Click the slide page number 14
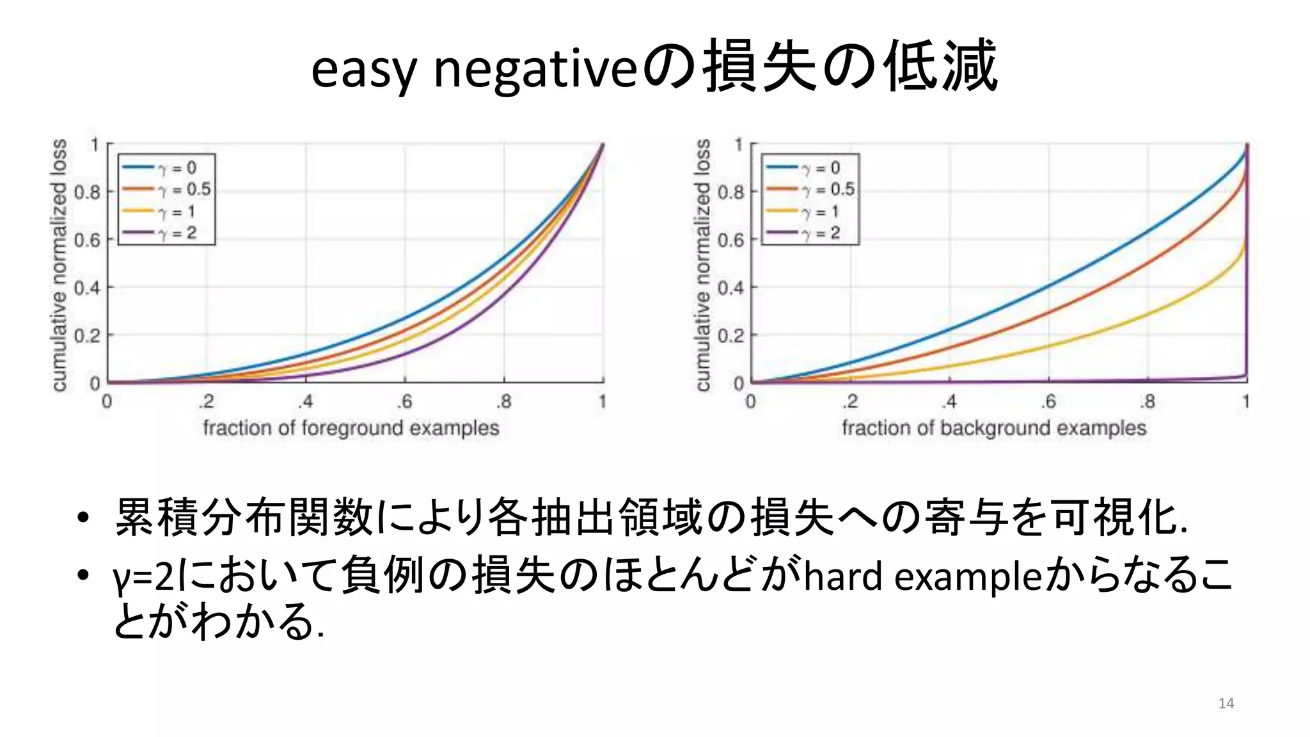(1226, 703)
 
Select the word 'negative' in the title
(536, 70)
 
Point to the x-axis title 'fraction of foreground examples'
(351, 427)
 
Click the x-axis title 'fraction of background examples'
(993, 427)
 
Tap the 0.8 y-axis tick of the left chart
(87, 192)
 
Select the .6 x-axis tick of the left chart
(404, 402)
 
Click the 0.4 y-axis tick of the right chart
(730, 288)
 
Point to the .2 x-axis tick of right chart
(849, 402)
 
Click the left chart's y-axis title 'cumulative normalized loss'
(59, 264)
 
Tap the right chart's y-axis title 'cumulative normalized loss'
(702, 264)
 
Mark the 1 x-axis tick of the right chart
(1246, 402)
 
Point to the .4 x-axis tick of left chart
(305, 402)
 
